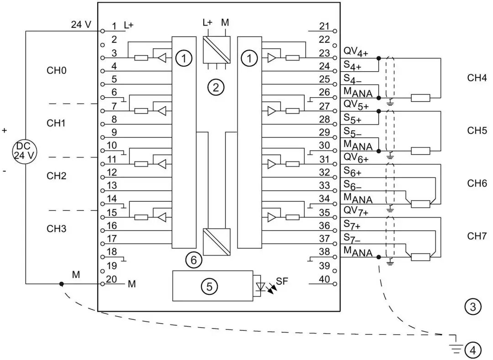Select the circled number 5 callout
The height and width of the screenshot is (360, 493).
pos(210,286)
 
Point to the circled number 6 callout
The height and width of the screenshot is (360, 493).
pos(194,260)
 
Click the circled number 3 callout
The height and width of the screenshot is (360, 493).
pos(472,307)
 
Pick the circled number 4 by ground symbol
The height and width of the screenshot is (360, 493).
pos(472,350)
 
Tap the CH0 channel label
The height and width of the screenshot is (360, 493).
pos(57,71)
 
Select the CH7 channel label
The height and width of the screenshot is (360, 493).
pos(477,236)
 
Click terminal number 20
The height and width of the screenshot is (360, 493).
pos(112,279)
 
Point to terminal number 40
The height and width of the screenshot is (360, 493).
pos(324,279)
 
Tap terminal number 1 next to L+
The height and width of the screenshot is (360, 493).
pos(114,26)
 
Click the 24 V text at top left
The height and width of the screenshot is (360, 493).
pos(81,25)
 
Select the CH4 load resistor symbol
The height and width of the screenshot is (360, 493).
pos(420,97)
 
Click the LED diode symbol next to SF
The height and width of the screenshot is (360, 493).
pos(261,287)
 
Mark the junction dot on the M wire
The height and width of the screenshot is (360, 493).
pos(61,284)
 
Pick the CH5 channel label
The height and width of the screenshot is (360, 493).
pos(477,130)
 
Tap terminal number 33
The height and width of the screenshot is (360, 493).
pos(324,186)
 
